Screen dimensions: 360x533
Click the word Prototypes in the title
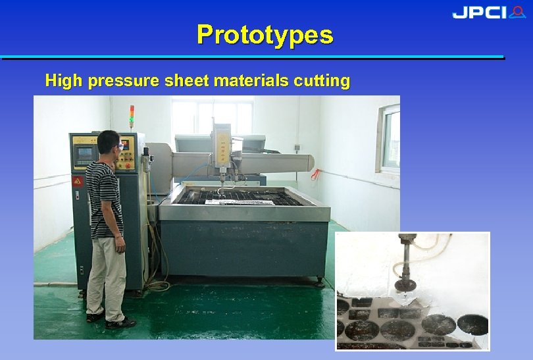(x=265, y=34)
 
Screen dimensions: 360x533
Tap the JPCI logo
(x=488, y=13)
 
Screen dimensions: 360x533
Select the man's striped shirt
(x=104, y=197)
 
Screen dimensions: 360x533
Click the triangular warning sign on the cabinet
(x=78, y=182)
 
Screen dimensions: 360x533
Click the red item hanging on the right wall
(x=315, y=174)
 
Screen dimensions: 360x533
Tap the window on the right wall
(x=390, y=141)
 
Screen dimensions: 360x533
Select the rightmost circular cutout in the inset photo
(x=472, y=325)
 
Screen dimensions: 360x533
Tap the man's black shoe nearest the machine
(x=120, y=322)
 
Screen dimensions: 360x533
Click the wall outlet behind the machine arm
(x=296, y=148)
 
